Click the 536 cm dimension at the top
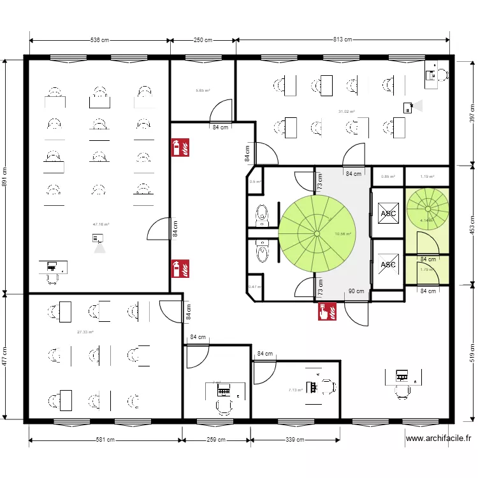[x=99, y=40]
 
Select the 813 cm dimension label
[x=342, y=40]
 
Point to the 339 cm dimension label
[x=293, y=440]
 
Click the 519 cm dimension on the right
[x=472, y=352]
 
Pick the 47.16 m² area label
[x=101, y=224]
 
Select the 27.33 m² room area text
[x=85, y=332]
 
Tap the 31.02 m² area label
[x=347, y=112]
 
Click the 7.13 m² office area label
[x=295, y=390]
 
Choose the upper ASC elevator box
[x=387, y=214]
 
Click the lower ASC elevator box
[x=387, y=264]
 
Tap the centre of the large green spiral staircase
[x=315, y=232]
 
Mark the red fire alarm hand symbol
[x=328, y=311]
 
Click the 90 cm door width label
[x=356, y=292]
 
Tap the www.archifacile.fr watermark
[x=438, y=438]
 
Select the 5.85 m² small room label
[x=203, y=91]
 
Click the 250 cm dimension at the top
[x=203, y=40]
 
